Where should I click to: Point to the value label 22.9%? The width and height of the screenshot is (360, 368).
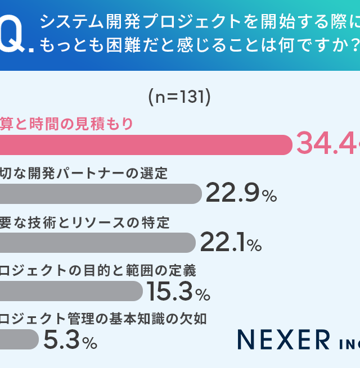(x=241, y=194)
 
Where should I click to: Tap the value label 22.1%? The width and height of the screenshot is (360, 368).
(x=231, y=243)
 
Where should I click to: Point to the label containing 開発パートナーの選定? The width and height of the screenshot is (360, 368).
(x=84, y=173)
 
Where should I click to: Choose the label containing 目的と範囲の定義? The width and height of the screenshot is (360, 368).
(x=98, y=271)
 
